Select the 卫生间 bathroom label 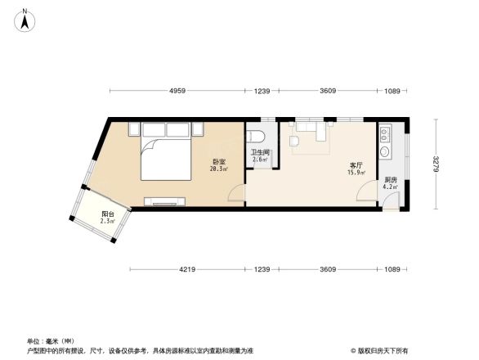pyautogui.click(x=261, y=152)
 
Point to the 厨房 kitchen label pyautogui.click(x=391, y=180)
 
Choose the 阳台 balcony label pyautogui.click(x=107, y=214)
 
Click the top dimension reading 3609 pyautogui.click(x=328, y=90)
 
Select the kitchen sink pyautogui.click(x=386, y=151)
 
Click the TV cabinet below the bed pyautogui.click(x=168, y=200)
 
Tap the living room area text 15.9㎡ pyautogui.click(x=357, y=172)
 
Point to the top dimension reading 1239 pyautogui.click(x=262, y=90)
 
